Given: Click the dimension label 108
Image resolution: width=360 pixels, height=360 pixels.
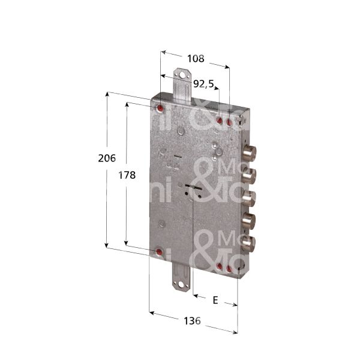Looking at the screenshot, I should pyautogui.click(x=196, y=59).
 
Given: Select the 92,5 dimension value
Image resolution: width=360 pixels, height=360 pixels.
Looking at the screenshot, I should pyautogui.click(x=203, y=85).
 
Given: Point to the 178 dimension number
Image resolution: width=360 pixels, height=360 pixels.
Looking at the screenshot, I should pyautogui.click(x=126, y=175).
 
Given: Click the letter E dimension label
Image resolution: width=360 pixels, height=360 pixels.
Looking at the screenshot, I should pyautogui.click(x=215, y=297).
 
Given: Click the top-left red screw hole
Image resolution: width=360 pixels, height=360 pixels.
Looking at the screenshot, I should pyautogui.click(x=160, y=109).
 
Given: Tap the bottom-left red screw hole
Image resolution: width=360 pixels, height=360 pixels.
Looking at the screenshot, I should pyautogui.click(x=159, y=253).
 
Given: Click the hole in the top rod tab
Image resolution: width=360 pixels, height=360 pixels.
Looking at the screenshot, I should pyautogui.click(x=182, y=76).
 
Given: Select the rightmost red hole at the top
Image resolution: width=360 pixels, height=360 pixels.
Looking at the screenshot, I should pyautogui.click(x=229, y=122).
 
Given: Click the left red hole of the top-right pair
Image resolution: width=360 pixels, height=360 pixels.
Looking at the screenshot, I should pyautogui.click(x=219, y=122).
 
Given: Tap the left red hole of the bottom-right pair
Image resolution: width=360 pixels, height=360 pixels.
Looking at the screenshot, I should pyautogui.click(x=219, y=266).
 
